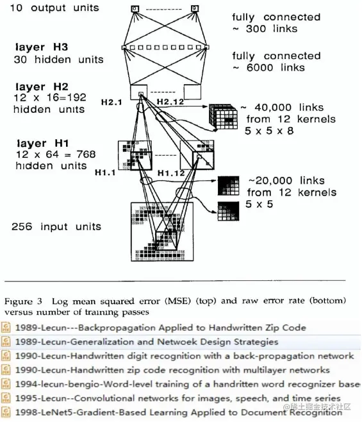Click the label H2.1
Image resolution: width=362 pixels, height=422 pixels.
(x=111, y=102)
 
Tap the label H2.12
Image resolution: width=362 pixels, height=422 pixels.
(x=170, y=102)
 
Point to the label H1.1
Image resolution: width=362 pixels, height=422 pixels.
(x=105, y=173)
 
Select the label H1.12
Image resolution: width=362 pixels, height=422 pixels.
(x=171, y=173)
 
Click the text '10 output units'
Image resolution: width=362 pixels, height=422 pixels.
(x=54, y=8)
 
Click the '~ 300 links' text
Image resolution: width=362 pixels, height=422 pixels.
(x=265, y=28)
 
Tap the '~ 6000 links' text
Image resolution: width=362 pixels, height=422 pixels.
(x=268, y=67)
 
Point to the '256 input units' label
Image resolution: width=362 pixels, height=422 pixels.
(x=56, y=226)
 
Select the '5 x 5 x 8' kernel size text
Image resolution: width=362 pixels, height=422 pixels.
(x=269, y=131)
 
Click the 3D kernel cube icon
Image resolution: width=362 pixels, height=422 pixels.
(x=224, y=116)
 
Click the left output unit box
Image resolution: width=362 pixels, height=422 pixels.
(x=135, y=9)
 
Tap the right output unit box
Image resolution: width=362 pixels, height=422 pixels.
(x=195, y=8)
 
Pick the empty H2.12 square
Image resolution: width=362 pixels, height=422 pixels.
(x=192, y=92)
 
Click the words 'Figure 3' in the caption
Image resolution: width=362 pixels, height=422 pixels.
(x=24, y=301)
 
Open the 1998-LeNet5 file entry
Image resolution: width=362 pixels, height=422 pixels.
(x=179, y=412)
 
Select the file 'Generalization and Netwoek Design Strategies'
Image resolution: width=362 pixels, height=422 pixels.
(x=147, y=342)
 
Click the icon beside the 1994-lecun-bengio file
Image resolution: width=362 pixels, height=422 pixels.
(x=6, y=384)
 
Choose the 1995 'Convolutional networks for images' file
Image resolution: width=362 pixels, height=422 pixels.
(x=177, y=398)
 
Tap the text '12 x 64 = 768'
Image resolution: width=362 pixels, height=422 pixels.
(x=56, y=154)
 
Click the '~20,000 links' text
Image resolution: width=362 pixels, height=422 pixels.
(x=286, y=180)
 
